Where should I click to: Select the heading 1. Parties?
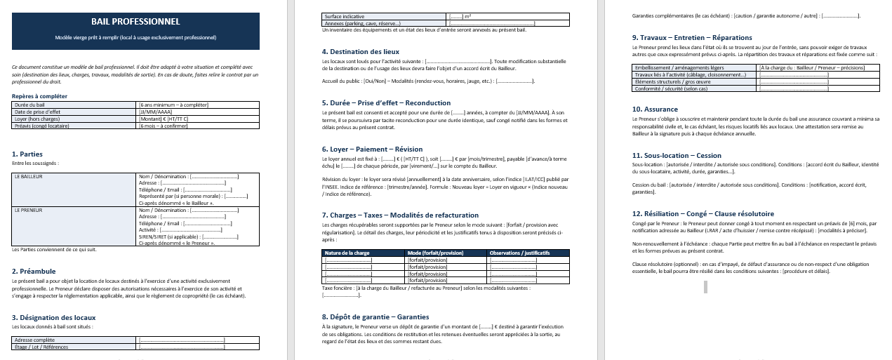(x=27, y=154)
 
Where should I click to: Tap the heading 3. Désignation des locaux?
(x=54, y=318)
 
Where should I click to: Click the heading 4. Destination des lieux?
(x=361, y=52)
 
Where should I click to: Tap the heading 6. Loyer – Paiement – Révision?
(x=372, y=149)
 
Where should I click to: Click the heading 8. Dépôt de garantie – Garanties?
(x=375, y=316)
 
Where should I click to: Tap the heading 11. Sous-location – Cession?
(x=677, y=155)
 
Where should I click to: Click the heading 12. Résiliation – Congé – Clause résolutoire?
(x=703, y=213)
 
